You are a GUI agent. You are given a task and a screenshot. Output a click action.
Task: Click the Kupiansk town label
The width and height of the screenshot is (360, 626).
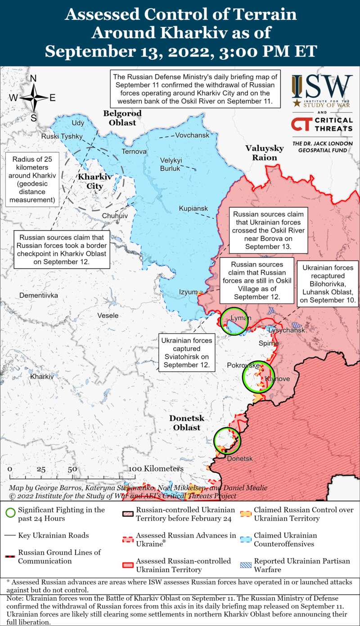[x=193, y=209]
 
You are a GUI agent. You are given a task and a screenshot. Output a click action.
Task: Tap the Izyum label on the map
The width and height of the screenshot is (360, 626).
[x=188, y=292]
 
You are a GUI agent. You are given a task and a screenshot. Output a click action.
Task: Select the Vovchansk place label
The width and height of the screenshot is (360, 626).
[x=192, y=135]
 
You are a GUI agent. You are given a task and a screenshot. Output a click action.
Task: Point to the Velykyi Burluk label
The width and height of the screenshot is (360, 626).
[x=171, y=165]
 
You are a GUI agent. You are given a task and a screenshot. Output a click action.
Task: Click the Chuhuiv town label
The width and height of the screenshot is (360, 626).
[x=115, y=216]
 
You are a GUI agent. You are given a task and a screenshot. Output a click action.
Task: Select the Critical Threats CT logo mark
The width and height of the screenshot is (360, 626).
[x=301, y=124]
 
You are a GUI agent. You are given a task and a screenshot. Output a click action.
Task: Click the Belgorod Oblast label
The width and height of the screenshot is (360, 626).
[x=122, y=118]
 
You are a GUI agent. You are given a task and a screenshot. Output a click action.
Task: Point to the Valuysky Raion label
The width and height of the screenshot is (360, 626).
[x=264, y=153]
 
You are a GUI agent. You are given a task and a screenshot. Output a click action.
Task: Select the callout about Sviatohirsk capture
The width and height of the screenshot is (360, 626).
[x=187, y=353]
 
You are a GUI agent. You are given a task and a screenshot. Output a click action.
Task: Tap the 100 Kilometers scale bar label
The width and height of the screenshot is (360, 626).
[x=156, y=469]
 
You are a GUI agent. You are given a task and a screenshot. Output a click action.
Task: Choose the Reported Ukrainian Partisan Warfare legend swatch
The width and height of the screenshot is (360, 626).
[x=245, y=561]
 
